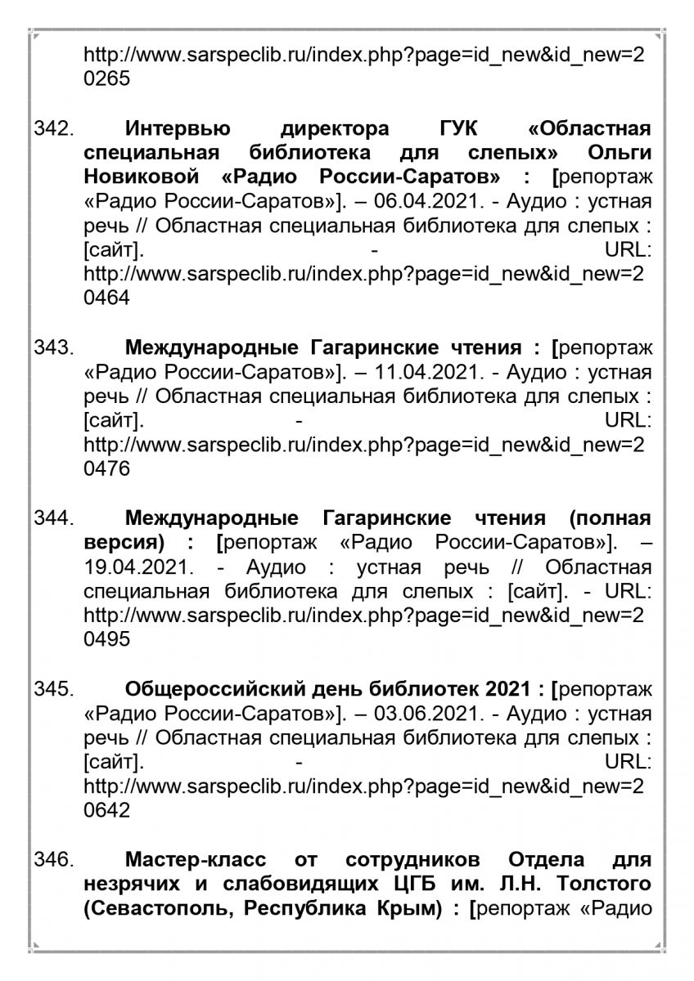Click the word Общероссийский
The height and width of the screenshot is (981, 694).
217,691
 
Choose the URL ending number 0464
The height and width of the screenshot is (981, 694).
106,298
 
